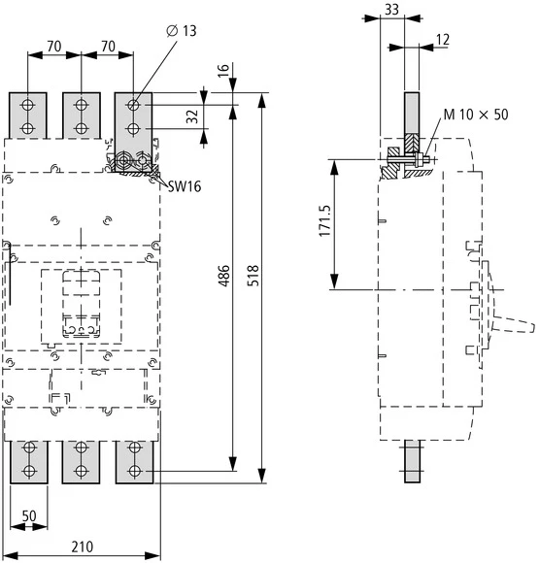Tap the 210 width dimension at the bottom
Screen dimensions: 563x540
pyautogui.click(x=83, y=546)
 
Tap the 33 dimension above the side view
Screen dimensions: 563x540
pyautogui.click(x=390, y=10)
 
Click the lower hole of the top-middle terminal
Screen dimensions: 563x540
pyautogui.click(x=81, y=127)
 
